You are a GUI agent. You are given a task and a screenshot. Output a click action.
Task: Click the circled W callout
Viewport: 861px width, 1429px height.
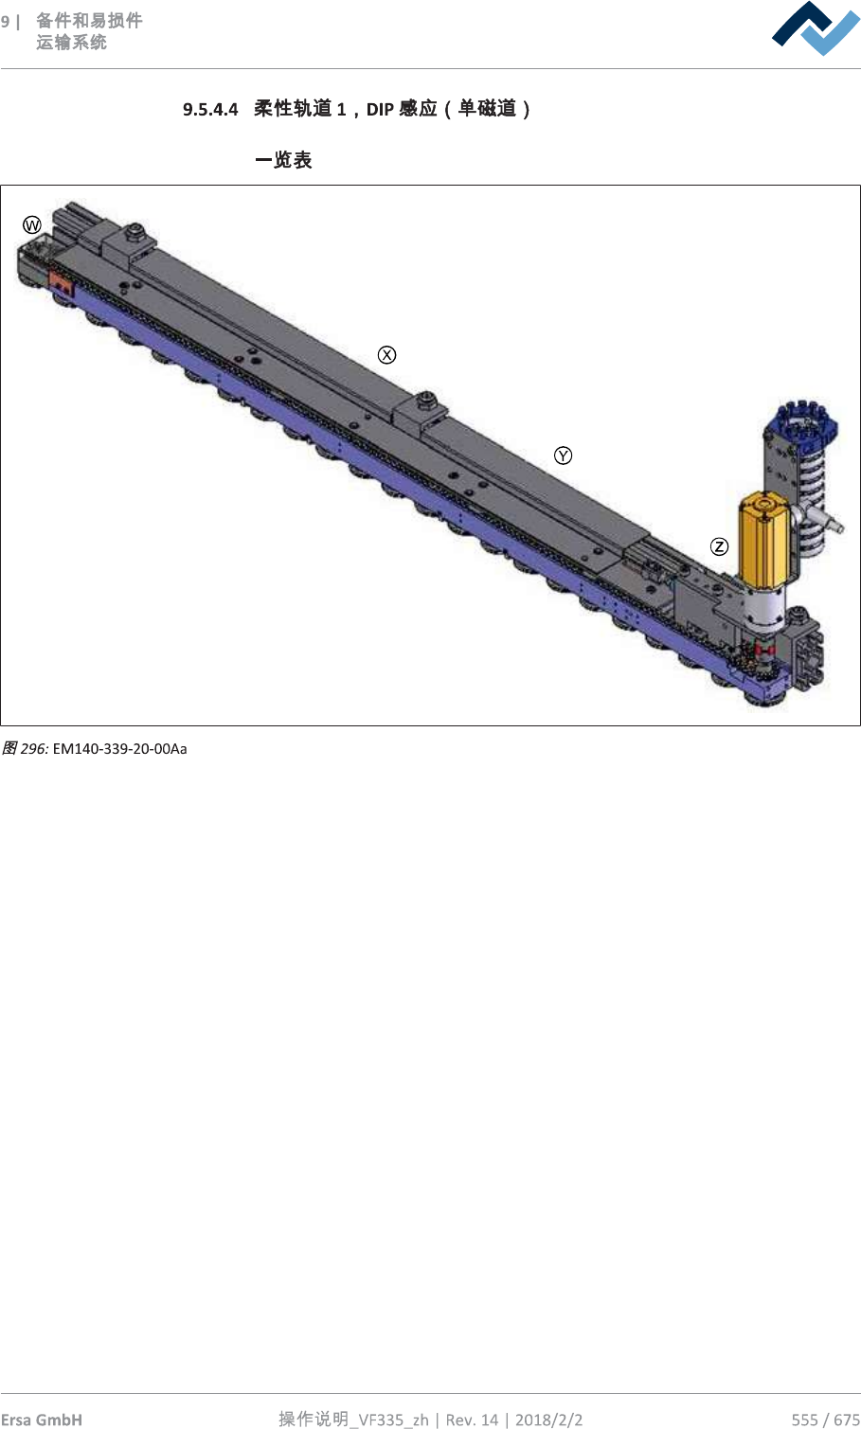pyautogui.click(x=32, y=224)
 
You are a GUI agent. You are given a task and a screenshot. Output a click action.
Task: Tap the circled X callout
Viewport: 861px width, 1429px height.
pyautogui.click(x=386, y=355)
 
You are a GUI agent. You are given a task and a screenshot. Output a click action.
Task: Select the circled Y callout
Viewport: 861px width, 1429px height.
pyautogui.click(x=563, y=455)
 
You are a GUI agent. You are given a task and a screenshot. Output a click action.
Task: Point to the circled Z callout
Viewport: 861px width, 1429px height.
pyautogui.click(x=719, y=546)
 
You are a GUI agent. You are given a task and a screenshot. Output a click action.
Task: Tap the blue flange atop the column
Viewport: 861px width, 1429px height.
pyautogui.click(x=801, y=421)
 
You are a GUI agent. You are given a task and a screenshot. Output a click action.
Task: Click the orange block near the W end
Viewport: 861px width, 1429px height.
pyautogui.click(x=61, y=281)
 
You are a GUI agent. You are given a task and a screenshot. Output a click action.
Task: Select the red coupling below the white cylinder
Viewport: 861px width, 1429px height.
pyautogui.click(x=764, y=649)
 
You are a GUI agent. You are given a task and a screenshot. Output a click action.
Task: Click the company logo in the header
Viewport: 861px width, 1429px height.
pyautogui.click(x=816, y=28)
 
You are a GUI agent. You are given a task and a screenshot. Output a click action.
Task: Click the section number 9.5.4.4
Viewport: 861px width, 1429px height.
pyautogui.click(x=210, y=109)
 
